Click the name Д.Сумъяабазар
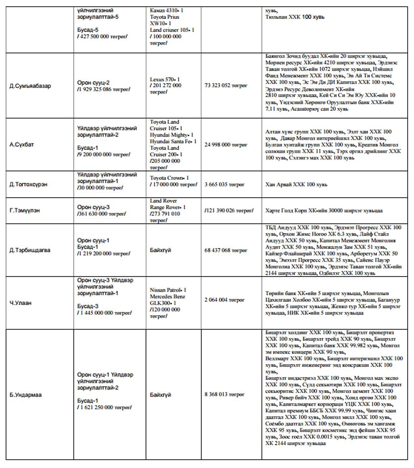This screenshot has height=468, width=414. (x=30, y=86)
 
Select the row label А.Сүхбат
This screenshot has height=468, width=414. (x=21, y=145)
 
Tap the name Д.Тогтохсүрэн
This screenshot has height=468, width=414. (x=28, y=184)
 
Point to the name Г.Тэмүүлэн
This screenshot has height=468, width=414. (x=25, y=211)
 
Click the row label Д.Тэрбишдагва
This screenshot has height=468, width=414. (x=30, y=250)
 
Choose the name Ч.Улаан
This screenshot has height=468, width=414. (x=21, y=303)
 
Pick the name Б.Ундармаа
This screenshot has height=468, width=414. (x=25, y=395)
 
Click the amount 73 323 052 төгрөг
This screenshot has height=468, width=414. (x=226, y=85)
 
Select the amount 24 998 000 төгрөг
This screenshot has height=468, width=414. (x=226, y=145)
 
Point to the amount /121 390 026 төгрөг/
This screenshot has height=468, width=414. (x=229, y=211)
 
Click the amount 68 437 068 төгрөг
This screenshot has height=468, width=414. (x=226, y=250)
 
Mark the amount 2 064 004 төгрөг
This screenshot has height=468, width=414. (x=224, y=300)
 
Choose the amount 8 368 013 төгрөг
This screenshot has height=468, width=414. (x=224, y=394)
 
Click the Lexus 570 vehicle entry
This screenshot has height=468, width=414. (x=165, y=79)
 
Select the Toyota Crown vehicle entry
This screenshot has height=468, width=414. (x=169, y=178)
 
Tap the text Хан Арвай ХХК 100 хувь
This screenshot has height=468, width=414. (x=296, y=184)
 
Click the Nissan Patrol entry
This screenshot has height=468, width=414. (x=168, y=290)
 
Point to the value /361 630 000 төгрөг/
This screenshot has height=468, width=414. (x=101, y=214)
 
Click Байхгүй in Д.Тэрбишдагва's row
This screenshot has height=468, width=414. (x=160, y=250)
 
